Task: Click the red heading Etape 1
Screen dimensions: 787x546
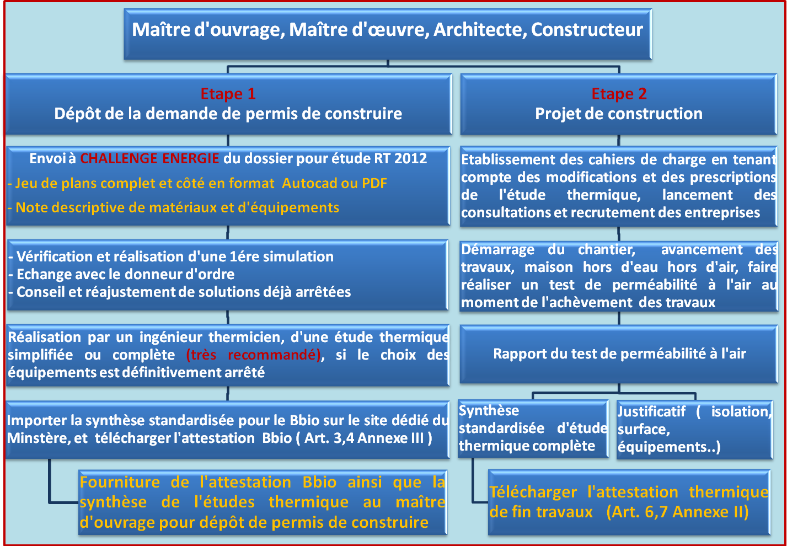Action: coord(228,94)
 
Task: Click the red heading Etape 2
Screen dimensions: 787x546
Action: coord(619,94)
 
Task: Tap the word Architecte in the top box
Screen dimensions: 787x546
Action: coord(480,30)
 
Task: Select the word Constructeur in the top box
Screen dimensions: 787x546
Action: coord(587,30)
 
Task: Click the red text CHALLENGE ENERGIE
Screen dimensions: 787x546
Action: coord(149,158)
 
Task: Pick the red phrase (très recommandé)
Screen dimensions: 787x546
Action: coord(253,355)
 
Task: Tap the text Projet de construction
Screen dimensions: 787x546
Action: coord(619,114)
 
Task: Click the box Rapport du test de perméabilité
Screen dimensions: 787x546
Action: coord(619,354)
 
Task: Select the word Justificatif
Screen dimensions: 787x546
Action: coord(651,411)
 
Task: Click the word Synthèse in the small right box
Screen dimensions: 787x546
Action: coord(489,411)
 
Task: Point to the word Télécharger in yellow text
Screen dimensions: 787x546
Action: coord(533,492)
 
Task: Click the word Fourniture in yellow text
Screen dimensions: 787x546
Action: coord(120,482)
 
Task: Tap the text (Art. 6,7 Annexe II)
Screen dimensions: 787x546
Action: coord(678,512)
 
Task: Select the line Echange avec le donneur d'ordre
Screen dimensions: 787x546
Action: coord(121,275)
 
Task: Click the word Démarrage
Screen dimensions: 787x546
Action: coord(497,250)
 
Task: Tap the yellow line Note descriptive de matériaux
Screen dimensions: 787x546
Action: coord(174,208)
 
